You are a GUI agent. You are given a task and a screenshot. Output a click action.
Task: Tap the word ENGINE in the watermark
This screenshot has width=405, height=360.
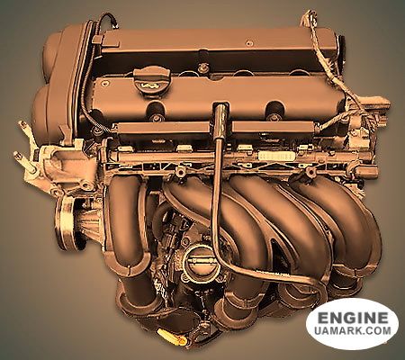coord(353,318)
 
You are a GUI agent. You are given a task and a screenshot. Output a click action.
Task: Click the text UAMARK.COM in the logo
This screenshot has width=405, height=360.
coord(353,330)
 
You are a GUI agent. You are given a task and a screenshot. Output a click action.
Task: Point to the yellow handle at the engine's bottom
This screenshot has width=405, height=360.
coord(172,335)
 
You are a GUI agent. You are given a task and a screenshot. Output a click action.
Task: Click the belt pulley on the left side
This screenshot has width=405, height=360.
coord(66,222)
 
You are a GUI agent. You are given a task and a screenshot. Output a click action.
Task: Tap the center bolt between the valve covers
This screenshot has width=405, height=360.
coord(203,67)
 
